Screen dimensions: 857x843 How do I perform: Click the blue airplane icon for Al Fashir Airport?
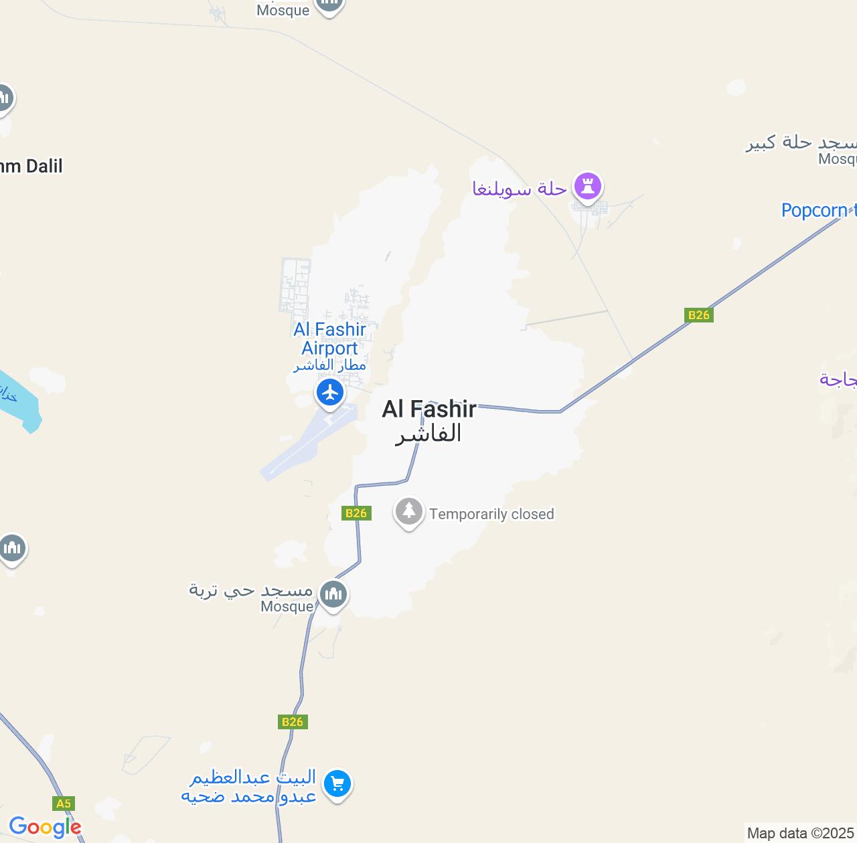(330, 392)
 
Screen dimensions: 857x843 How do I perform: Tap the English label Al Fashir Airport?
(330, 339)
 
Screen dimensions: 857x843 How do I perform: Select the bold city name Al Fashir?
(429, 409)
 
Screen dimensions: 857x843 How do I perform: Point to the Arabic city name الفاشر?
(428, 434)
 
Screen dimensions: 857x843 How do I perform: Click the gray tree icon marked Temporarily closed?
(409, 512)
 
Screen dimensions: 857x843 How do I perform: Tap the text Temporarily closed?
(491, 514)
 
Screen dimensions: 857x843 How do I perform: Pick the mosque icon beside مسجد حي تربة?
(333, 593)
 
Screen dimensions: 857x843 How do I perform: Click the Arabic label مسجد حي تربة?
(251, 590)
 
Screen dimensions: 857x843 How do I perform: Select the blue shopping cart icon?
(337, 783)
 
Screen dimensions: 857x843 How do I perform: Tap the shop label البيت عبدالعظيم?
(252, 777)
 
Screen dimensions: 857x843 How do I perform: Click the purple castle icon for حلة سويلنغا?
(588, 187)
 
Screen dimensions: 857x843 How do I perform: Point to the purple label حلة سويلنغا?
(520, 189)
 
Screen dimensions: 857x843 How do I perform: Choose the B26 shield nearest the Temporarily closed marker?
(356, 513)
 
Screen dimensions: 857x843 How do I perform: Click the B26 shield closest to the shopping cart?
(293, 722)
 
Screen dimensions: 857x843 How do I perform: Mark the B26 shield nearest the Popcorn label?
(698, 315)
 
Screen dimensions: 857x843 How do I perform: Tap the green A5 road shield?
(63, 804)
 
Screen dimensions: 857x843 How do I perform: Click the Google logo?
(45, 827)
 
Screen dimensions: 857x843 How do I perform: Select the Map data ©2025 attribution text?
(800, 834)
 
